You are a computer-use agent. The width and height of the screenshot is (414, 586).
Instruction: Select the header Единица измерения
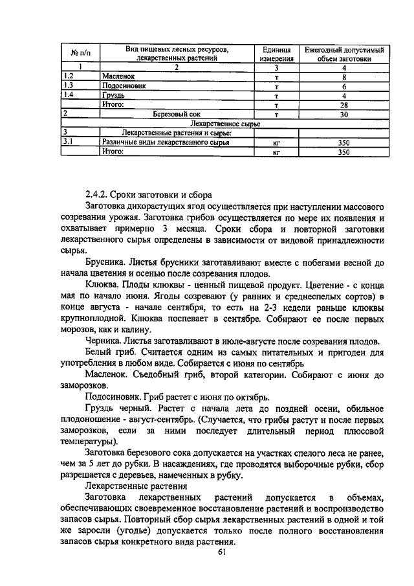pos(276,53)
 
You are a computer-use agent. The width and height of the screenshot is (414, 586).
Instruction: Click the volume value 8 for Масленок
pos(344,76)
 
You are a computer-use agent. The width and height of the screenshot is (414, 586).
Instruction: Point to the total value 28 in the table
pos(344,104)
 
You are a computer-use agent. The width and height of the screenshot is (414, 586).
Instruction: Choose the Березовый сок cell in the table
pos(177,114)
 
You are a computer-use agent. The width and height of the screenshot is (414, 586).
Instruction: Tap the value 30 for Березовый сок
pos(344,114)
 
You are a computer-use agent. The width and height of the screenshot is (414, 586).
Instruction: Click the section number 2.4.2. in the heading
pos(97,195)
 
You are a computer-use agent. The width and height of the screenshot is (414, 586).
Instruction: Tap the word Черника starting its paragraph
pos(103,341)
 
